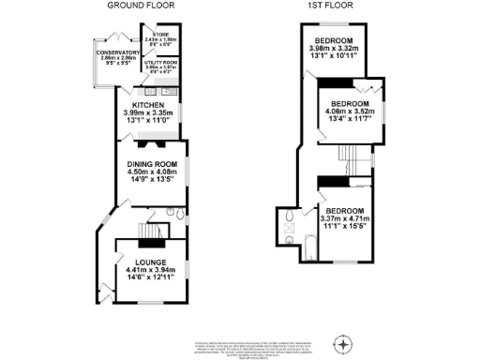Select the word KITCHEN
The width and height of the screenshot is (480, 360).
coord(150,105)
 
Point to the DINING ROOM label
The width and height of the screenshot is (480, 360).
coord(151,163)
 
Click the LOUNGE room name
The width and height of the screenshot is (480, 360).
coord(150,262)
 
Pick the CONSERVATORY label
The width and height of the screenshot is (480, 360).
coord(117,52)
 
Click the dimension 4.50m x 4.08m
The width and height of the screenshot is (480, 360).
coord(151,172)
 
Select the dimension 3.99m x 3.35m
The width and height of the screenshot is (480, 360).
coord(150,112)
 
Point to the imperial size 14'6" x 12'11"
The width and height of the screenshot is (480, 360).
coord(150,278)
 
